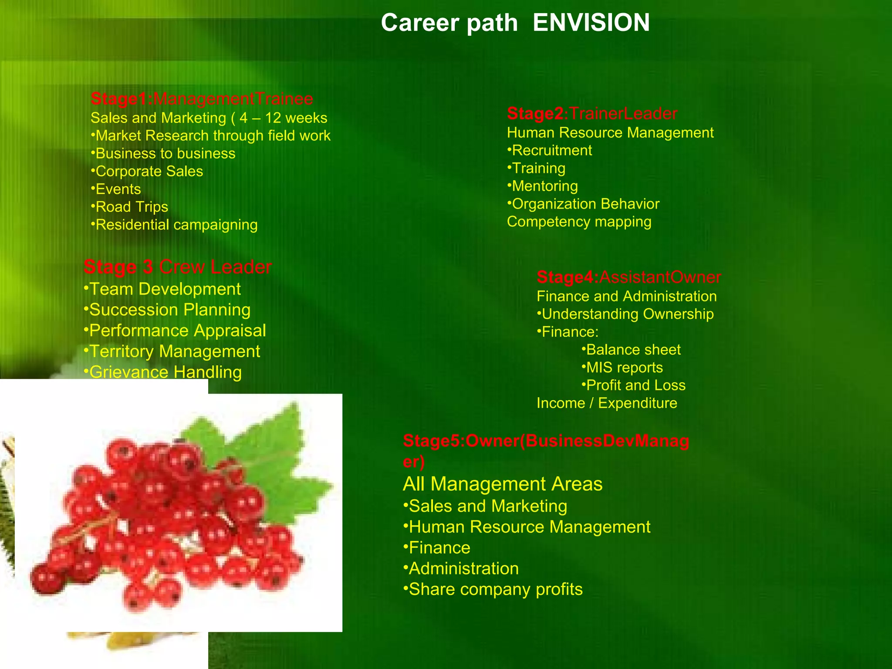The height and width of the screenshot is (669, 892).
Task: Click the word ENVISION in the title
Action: tap(591, 23)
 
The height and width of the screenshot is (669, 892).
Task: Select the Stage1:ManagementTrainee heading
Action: tap(202, 99)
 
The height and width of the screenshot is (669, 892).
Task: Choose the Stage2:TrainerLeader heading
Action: tap(592, 113)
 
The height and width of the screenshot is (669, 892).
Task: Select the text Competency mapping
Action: tap(579, 222)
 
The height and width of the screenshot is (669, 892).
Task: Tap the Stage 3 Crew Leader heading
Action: tap(177, 267)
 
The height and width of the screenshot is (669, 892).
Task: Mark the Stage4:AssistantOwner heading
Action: tap(628, 277)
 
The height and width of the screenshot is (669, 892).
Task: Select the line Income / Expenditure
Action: tap(607, 403)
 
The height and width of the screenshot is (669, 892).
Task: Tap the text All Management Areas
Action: tap(503, 484)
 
